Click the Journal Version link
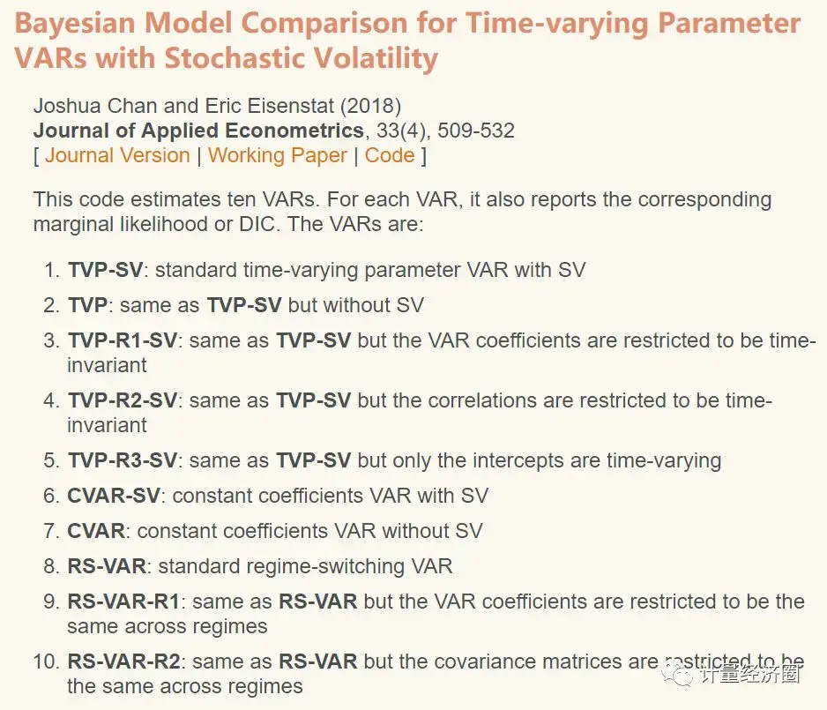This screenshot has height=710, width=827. point(117,155)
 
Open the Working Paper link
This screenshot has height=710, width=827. point(278,155)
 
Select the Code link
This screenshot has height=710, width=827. point(390,155)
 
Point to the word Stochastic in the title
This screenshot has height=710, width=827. point(249,58)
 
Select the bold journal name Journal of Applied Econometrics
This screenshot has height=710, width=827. point(198,131)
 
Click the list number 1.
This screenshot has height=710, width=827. point(52,270)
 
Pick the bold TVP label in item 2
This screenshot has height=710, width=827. point(87,305)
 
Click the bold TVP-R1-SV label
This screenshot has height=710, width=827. point(123,340)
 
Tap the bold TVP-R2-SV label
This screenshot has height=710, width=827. point(123,400)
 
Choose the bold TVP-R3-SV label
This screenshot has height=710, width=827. point(123,460)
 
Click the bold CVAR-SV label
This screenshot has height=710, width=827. point(114,496)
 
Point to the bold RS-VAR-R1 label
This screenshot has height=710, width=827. point(123,602)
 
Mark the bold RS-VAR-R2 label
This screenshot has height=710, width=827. point(124,661)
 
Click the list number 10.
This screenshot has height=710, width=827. point(47,661)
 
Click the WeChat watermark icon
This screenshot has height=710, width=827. point(682,675)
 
